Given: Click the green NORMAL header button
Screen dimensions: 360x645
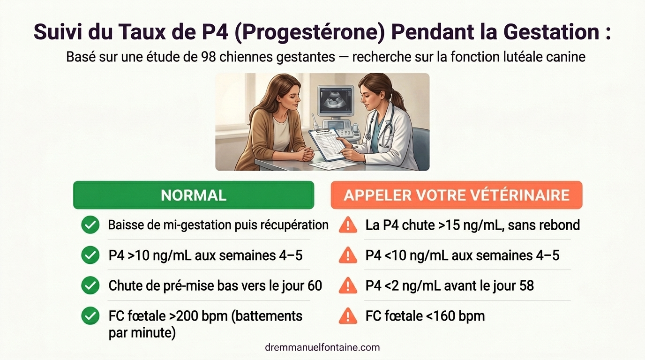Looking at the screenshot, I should point(194,195).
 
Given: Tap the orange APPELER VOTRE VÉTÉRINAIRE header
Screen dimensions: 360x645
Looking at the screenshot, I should point(457,195).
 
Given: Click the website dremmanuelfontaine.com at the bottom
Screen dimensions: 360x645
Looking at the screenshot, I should point(322,347).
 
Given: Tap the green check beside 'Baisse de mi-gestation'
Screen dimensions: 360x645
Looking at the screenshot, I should point(90,225).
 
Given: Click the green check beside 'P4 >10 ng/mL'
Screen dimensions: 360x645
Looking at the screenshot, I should point(90,255).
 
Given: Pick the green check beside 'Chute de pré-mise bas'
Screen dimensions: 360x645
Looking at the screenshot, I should point(90,285).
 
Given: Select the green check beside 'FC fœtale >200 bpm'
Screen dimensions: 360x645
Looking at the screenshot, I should point(90,316).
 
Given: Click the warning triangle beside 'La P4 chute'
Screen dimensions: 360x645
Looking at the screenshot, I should point(348,225).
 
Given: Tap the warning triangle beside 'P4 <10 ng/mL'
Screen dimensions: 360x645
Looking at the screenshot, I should point(348,256).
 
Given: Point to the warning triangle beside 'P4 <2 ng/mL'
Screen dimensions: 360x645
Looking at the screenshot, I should point(348,286).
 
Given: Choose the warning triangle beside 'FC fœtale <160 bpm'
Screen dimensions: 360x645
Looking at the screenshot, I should point(348,316).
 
